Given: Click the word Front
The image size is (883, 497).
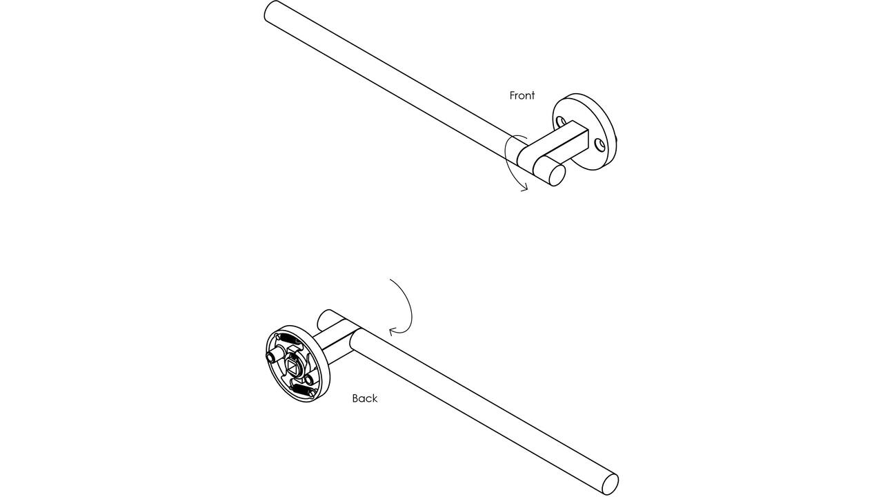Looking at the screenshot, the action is coord(522,95).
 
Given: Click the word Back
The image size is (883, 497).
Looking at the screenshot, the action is coord(365,398).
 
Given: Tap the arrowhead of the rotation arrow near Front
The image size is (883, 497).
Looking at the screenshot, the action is coord(524,187).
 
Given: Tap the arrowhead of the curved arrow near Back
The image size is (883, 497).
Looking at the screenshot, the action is coord(393,331).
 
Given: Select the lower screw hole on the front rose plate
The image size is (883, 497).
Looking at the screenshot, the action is coord(599,145).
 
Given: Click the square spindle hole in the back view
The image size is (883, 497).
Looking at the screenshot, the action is coord(294,368).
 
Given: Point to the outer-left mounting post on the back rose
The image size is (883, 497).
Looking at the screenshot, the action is coord(272,358).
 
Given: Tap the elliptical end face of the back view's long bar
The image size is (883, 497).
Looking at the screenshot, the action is coord(611,485).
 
